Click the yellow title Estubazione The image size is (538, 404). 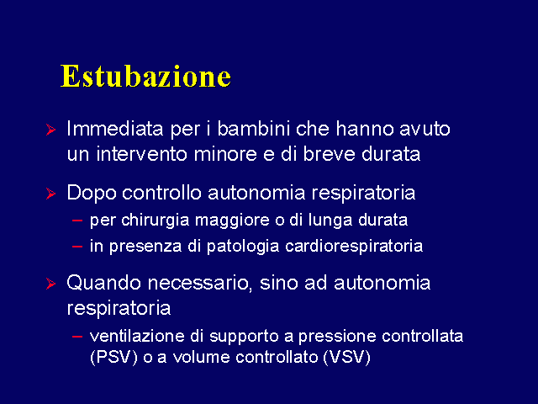(x=145, y=76)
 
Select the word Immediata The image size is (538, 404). (x=115, y=129)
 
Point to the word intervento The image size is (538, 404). (x=142, y=154)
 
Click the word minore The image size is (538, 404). (x=225, y=154)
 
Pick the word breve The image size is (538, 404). (x=330, y=154)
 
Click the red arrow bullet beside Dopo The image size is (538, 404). (x=50, y=194)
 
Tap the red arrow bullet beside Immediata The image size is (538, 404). (x=50, y=130)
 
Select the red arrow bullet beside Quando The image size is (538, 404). (x=50, y=284)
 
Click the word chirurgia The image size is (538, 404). (x=155, y=221)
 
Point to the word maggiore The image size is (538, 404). (x=232, y=221)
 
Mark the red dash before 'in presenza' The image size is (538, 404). (x=77, y=247)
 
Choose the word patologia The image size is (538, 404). (x=243, y=247)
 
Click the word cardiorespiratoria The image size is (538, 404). (x=354, y=247)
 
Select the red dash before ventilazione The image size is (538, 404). (x=77, y=337)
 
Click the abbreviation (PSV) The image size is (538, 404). (x=113, y=358)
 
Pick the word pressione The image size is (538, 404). (x=337, y=337)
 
